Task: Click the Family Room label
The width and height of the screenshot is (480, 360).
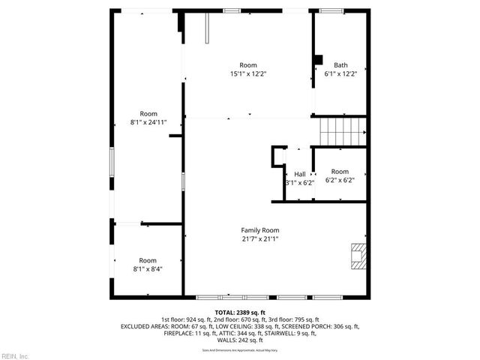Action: tap(259, 230)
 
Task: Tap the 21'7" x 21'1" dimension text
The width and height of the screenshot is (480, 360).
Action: tap(259, 238)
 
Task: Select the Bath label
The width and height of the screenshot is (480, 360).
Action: tap(340, 65)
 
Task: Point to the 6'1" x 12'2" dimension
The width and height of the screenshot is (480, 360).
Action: tap(340, 73)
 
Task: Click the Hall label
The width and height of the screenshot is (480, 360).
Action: tap(299, 174)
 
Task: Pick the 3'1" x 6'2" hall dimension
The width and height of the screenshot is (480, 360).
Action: tap(299, 182)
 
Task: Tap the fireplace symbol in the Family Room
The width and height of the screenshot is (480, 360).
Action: tap(359, 256)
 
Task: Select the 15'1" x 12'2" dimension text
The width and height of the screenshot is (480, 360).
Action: tap(248, 73)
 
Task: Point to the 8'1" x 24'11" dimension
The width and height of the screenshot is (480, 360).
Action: tap(148, 122)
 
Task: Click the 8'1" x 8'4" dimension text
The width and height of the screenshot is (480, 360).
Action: tap(148, 268)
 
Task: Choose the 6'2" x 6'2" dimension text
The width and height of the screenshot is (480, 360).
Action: tap(340, 180)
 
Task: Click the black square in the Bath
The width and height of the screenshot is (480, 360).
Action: tap(318, 59)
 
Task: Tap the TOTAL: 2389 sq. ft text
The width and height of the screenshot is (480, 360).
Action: tap(240, 312)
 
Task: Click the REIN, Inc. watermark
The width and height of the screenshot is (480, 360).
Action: tap(15, 355)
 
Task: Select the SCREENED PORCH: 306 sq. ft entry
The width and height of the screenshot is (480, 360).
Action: tap(325, 326)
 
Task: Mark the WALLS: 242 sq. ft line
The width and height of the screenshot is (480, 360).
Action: tap(240, 340)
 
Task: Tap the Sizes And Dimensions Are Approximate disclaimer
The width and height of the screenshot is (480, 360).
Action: tap(240, 349)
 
